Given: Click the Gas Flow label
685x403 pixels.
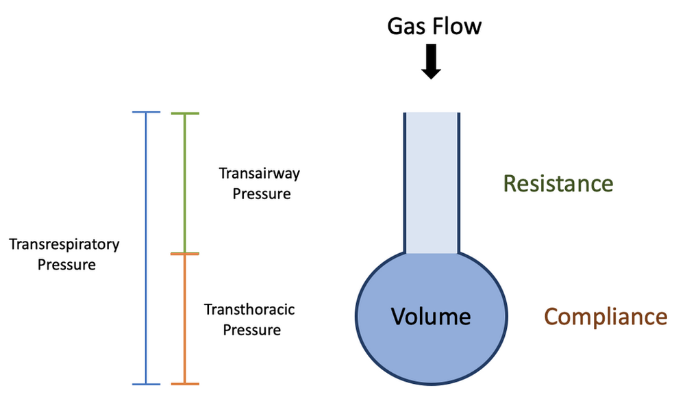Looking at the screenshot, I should tap(434, 26).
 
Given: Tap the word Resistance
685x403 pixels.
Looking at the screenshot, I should tap(558, 183).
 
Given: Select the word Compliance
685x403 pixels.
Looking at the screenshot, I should tap(606, 317).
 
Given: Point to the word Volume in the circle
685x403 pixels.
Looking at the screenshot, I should tap(431, 316).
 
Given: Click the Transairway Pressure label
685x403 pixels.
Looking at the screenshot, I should tap(260, 183).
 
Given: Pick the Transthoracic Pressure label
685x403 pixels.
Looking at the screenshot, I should tap(250, 320).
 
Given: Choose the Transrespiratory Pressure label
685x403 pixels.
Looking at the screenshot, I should tap(64, 254).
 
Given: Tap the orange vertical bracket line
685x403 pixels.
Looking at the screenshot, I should tap(184, 319).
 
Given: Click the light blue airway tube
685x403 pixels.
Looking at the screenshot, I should tap(431, 182).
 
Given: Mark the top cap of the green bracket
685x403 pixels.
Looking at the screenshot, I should tap(184, 113).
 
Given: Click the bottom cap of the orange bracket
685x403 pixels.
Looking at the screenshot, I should tap(184, 384).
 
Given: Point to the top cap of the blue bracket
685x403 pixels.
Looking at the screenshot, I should tap(145, 112).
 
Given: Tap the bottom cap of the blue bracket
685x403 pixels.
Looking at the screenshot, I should tap(145, 384).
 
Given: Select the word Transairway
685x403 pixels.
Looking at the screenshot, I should tap(260, 173).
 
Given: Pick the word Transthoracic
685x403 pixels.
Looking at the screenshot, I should tap(250, 309).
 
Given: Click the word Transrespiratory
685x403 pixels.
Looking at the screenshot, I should tap(64, 244).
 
